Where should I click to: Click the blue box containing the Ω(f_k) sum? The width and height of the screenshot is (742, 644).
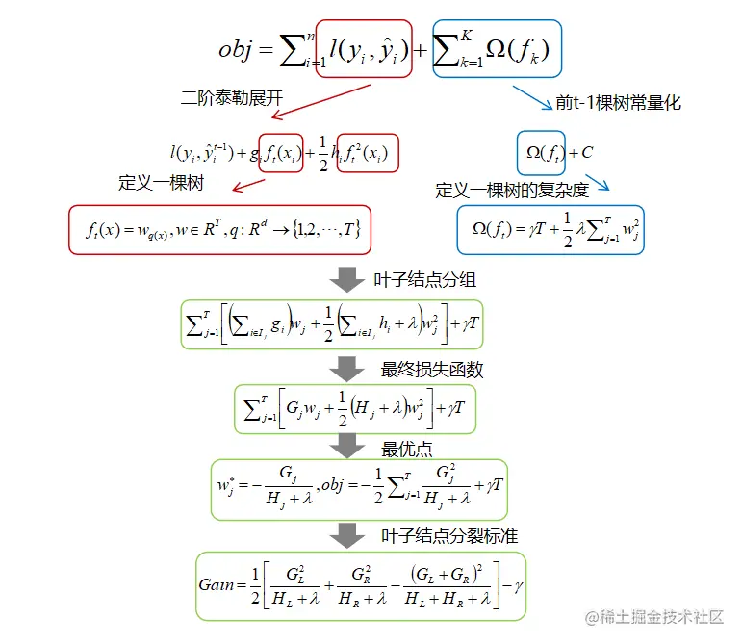point(497,47)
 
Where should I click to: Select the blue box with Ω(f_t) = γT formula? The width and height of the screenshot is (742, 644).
point(550,230)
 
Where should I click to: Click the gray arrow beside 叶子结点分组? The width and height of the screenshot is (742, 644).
point(347,281)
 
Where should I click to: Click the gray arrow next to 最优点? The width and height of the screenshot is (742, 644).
point(347,448)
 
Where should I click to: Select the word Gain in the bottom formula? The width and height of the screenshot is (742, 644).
point(217,585)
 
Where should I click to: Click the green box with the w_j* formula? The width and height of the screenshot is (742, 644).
point(359,488)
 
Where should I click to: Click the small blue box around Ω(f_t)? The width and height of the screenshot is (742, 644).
point(541,151)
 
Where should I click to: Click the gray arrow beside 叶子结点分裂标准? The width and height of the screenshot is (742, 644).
point(347,535)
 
